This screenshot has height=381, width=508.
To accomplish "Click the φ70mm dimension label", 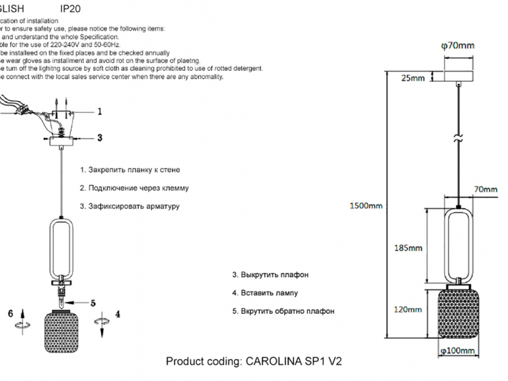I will pyautogui.click(x=457, y=46).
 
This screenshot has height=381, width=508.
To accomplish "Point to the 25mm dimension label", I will pyautogui.click(x=413, y=78).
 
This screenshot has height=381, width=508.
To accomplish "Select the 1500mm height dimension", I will pyautogui.click(x=366, y=206).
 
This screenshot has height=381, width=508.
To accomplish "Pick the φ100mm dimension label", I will pyautogui.click(x=457, y=351).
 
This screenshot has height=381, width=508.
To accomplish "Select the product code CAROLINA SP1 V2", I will pyautogui.click(x=254, y=362).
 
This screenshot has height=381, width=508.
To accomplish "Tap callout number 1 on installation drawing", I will pyautogui.click(x=99, y=111).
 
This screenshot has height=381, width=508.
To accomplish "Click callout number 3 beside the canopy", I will pyautogui.click(x=99, y=137).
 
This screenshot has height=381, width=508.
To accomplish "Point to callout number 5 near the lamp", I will pyautogui.click(x=93, y=302).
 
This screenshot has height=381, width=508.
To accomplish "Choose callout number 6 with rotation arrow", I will pyautogui.click(x=10, y=314).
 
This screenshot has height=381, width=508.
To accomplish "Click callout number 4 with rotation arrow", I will pyautogui.click(x=117, y=314).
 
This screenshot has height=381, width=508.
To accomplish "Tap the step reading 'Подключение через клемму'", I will pyautogui.click(x=134, y=188).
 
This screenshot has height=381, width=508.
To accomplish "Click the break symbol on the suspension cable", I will pyautogui.click(x=457, y=138).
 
